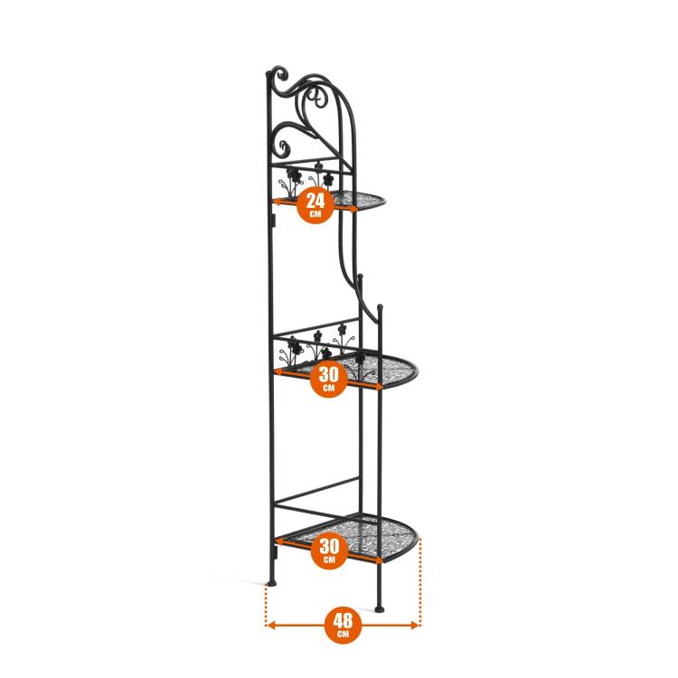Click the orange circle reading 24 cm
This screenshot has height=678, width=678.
click(x=315, y=205)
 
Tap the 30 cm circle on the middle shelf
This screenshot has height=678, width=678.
click(x=329, y=379)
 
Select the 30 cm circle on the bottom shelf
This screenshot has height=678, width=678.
click(x=329, y=551)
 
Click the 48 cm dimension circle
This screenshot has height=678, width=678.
click(x=343, y=625)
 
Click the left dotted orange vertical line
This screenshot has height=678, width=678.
click(x=265, y=605)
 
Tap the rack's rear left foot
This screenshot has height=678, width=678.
click(x=271, y=583)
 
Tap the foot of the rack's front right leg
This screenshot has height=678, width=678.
click(x=379, y=608)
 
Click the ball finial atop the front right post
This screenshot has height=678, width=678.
click(x=380, y=307)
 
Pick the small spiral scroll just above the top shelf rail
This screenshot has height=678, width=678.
click(x=283, y=148)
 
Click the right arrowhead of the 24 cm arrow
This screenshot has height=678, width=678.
click(x=354, y=210)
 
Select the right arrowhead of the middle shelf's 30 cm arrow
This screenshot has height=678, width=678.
click(x=379, y=387)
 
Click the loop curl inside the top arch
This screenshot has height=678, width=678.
click(x=319, y=99)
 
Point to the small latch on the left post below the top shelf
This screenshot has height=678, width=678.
click(x=274, y=220)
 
